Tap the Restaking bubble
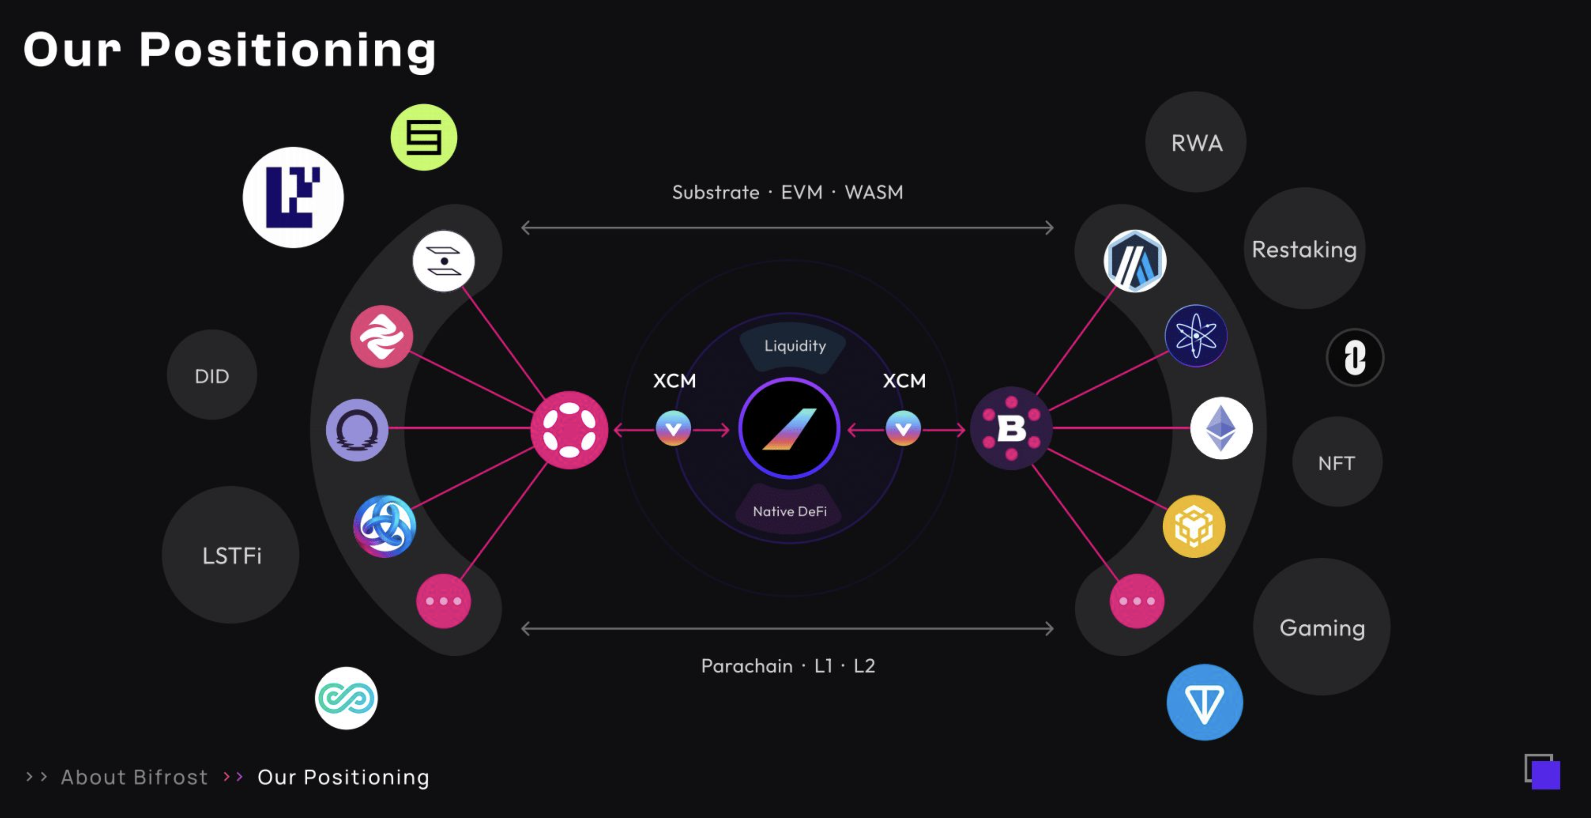pyautogui.click(x=1304, y=249)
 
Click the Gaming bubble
pyautogui.click(x=1322, y=627)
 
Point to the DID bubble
pyautogui.click(x=212, y=375)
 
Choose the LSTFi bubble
pyautogui.click(x=231, y=555)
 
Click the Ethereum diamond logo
pyautogui.click(x=1221, y=428)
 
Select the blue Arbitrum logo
pyautogui.click(x=1135, y=261)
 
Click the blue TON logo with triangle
pyautogui.click(x=1204, y=702)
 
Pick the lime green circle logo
pyautogui.click(x=424, y=137)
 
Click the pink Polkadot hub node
pyautogui.click(x=569, y=429)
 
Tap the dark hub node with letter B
pyautogui.click(x=1011, y=428)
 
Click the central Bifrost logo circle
pyautogui.click(x=789, y=428)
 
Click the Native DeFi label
pyautogui.click(x=789, y=511)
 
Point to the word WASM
pyautogui.click(x=873, y=192)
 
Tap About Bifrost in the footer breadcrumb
pyautogui.click(x=134, y=777)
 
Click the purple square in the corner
pyautogui.click(x=1545, y=775)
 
